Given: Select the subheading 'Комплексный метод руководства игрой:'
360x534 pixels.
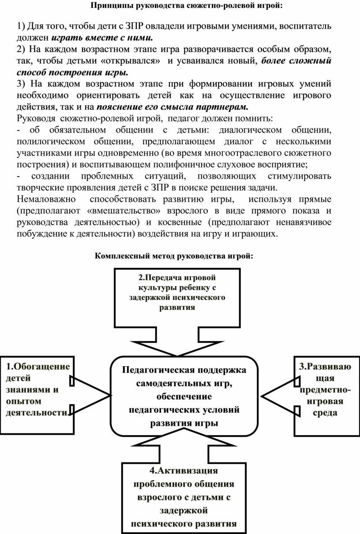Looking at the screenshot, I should [174, 256].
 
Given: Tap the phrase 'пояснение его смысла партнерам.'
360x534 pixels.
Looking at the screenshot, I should [172, 106].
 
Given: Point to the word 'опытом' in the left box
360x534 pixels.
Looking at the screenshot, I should [24, 401].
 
